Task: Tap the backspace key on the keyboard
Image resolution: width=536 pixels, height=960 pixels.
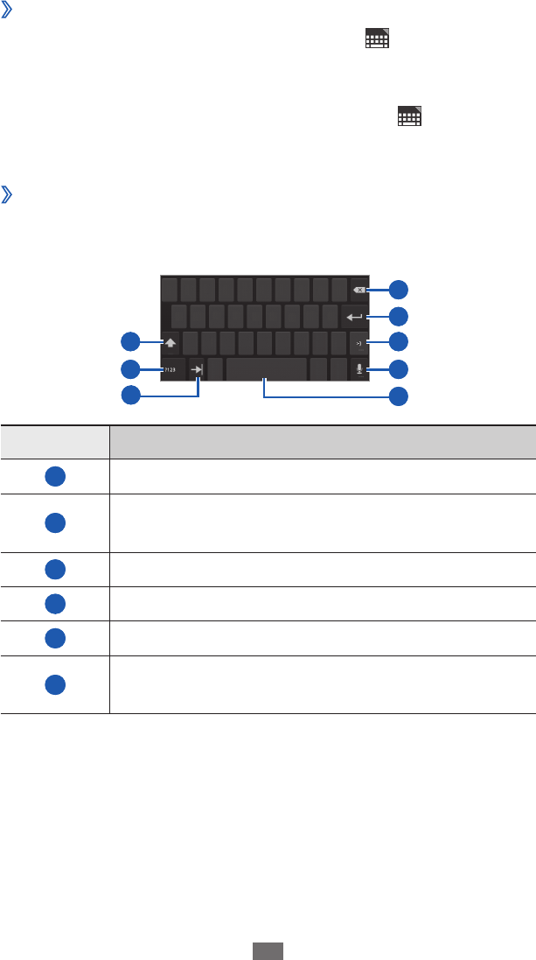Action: click(358, 290)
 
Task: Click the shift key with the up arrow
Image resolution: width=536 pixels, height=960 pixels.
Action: click(170, 343)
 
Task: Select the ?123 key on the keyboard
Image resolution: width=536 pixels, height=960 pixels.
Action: click(171, 369)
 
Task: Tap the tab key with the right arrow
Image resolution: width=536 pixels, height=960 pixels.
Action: click(198, 369)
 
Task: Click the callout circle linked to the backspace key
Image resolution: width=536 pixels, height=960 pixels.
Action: click(398, 290)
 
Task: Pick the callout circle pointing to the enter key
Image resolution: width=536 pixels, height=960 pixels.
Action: click(398, 316)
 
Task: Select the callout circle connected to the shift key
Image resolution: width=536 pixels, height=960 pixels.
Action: click(130, 341)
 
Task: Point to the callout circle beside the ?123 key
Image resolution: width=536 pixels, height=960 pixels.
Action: click(130, 368)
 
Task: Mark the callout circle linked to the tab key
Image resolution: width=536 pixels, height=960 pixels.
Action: click(130, 395)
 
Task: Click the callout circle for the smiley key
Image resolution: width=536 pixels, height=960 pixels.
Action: click(398, 342)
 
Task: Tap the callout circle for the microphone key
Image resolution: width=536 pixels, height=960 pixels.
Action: click(398, 368)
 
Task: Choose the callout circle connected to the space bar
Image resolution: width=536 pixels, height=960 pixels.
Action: click(398, 396)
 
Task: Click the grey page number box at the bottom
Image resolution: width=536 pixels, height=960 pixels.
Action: click(268, 949)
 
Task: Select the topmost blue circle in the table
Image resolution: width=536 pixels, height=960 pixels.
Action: click(54, 475)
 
